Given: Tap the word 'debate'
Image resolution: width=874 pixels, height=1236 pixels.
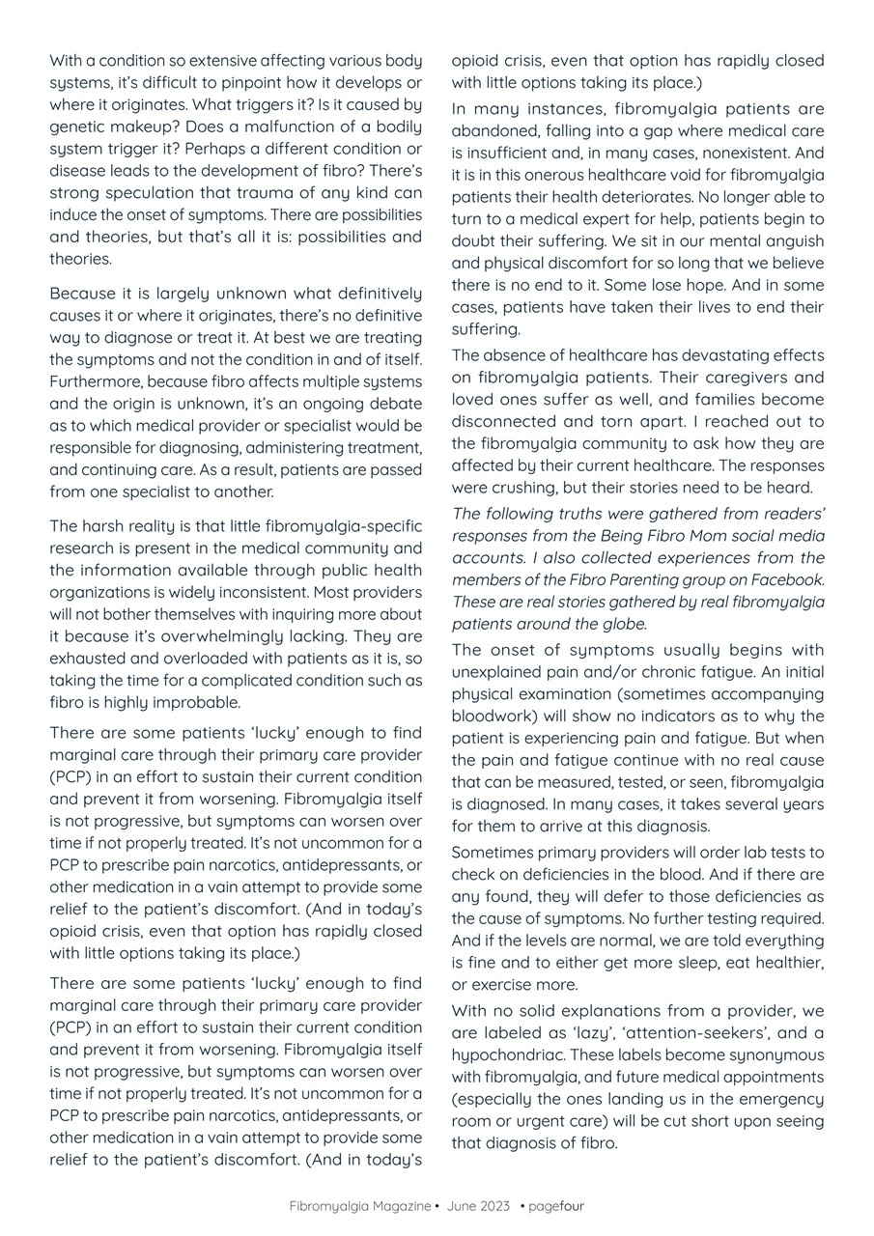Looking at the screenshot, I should coord(394,404).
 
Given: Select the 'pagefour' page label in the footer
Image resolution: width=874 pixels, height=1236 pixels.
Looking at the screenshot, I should coord(556,1206).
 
